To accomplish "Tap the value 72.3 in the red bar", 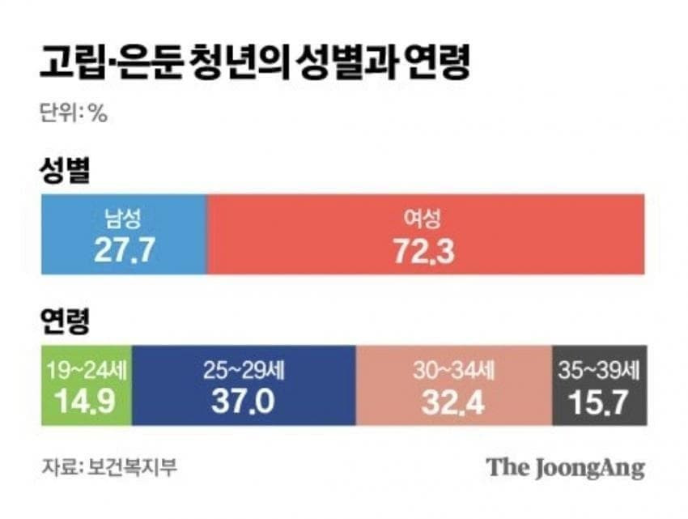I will tap(424, 251).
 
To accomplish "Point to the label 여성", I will tap(424, 219).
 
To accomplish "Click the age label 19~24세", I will tap(85, 372).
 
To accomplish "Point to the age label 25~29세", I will tap(244, 372).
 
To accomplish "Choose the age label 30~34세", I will tap(453, 372).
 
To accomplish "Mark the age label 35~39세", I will tap(598, 372).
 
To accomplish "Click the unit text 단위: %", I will tap(74, 114).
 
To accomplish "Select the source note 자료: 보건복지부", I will tap(108, 467).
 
